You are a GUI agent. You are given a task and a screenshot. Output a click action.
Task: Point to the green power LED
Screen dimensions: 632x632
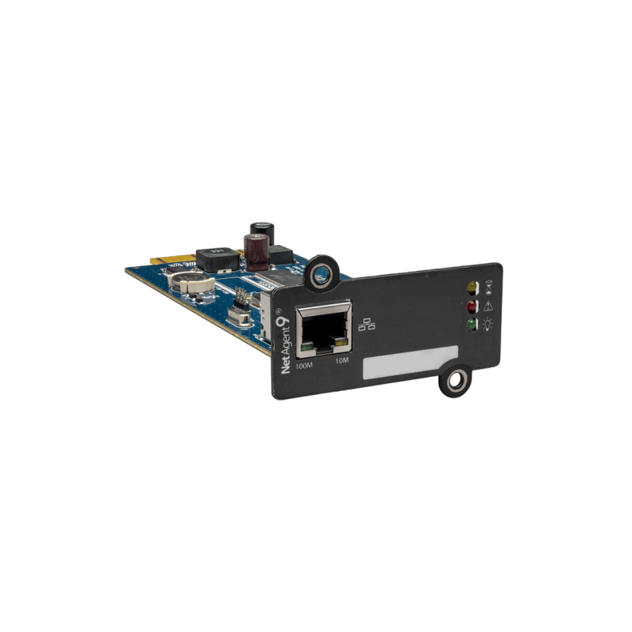[472, 323]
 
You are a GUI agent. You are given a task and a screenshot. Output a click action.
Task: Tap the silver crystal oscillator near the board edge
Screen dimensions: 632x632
[237, 318]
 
